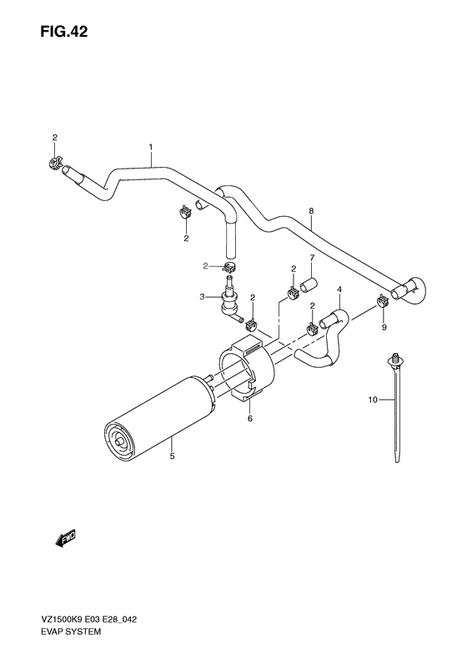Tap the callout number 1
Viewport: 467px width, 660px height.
(150, 148)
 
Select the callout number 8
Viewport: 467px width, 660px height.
(311, 212)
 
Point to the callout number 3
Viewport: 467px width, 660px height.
(203, 296)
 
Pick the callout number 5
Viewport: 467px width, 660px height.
(172, 456)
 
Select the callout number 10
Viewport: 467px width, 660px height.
(373, 401)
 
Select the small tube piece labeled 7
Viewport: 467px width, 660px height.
(309, 286)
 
